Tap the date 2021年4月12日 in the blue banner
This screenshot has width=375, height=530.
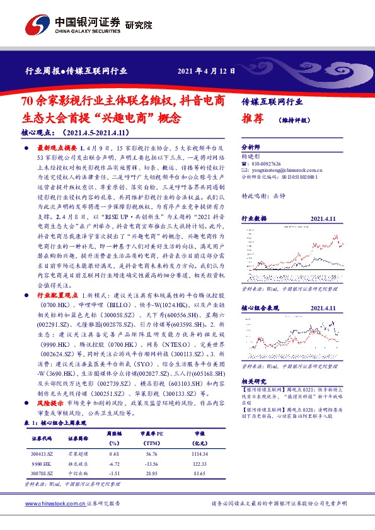207,71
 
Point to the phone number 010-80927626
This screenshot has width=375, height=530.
272,164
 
